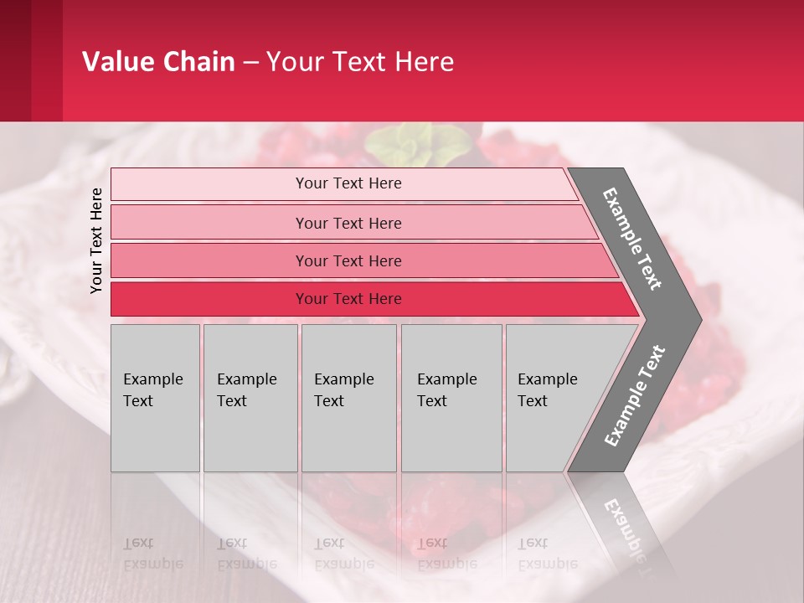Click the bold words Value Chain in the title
[158, 62]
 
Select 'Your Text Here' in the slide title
[360, 62]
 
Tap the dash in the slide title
[250, 63]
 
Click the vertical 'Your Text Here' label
[96, 240]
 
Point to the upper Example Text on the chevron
[632, 239]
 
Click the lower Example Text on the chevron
[634, 396]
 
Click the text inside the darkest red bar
[348, 299]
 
